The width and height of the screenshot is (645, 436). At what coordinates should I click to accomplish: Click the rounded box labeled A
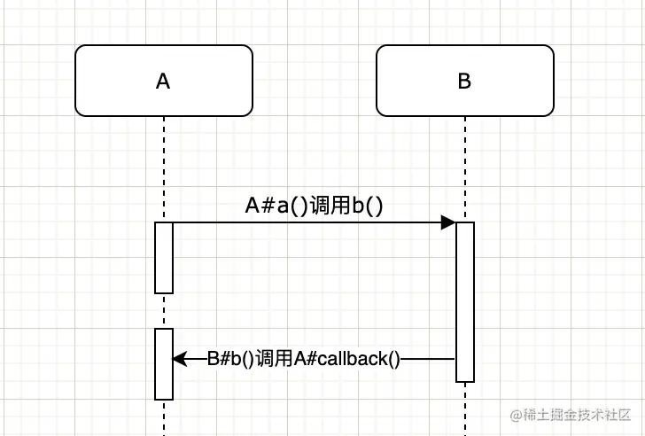(x=164, y=81)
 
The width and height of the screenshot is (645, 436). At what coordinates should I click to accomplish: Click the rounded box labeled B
(x=464, y=81)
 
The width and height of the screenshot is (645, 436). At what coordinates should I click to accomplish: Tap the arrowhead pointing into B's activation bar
(x=448, y=222)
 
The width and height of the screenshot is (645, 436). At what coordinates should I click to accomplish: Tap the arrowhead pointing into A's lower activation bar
(x=179, y=359)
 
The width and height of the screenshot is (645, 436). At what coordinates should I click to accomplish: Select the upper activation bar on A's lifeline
(x=164, y=257)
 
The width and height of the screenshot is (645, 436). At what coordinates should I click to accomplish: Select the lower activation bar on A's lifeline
(x=164, y=363)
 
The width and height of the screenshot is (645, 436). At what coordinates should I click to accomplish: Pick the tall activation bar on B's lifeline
(x=465, y=301)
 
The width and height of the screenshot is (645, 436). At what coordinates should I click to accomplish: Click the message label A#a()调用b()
(x=314, y=206)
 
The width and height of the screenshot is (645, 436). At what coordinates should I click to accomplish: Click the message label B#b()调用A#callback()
(x=304, y=359)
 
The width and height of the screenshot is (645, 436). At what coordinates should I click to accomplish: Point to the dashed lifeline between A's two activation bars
(x=164, y=310)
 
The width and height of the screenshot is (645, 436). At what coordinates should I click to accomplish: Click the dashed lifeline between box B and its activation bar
(x=465, y=168)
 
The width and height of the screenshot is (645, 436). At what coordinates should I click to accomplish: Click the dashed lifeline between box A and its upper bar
(x=164, y=168)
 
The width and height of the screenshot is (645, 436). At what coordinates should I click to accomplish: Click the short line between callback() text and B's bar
(x=429, y=359)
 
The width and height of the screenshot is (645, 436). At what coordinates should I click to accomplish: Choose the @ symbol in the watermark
(x=516, y=415)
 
